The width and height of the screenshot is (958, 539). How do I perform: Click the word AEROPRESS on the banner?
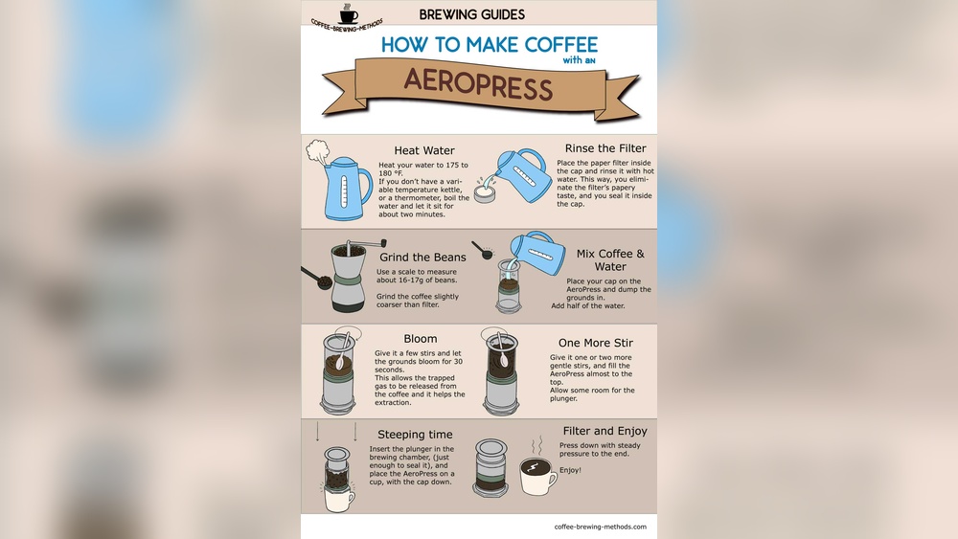(478, 85)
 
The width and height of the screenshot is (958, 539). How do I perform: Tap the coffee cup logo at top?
(349, 13)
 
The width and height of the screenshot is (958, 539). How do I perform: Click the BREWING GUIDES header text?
(471, 14)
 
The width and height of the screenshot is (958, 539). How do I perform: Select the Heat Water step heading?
(424, 150)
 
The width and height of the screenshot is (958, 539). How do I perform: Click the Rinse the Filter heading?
(605, 148)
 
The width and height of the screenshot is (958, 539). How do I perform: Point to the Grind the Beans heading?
(422, 257)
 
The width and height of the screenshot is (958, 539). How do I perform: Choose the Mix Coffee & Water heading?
(610, 260)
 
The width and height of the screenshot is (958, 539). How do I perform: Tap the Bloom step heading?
(421, 339)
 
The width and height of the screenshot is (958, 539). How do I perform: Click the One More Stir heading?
(596, 343)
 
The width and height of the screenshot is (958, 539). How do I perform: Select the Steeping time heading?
(415, 435)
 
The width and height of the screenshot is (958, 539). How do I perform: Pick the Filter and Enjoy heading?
(604, 431)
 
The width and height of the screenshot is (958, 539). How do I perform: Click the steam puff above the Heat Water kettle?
(317, 151)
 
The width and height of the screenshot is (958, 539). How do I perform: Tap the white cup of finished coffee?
(537, 476)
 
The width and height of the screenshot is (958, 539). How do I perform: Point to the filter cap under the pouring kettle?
(486, 195)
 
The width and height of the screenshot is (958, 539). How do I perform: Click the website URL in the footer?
(600, 527)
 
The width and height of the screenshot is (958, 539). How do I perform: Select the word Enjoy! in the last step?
(570, 470)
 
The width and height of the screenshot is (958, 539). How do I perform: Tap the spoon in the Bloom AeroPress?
(342, 352)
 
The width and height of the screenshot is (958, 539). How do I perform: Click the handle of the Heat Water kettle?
(365, 186)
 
